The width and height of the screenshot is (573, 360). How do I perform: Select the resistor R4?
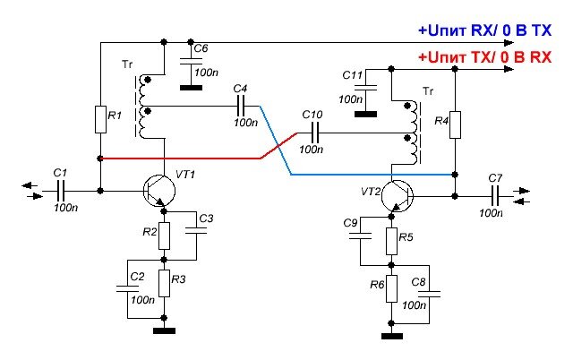coord(455,124)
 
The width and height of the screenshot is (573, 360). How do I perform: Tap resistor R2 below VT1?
coord(165,236)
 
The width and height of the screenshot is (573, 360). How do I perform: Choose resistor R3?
coord(165,284)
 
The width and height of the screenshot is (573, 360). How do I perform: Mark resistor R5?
coord(391,239)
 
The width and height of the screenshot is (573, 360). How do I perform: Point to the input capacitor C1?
coord(60,190)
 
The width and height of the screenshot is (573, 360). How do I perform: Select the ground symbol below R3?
coord(165,330)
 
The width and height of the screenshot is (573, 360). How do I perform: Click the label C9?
coord(350,221)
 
